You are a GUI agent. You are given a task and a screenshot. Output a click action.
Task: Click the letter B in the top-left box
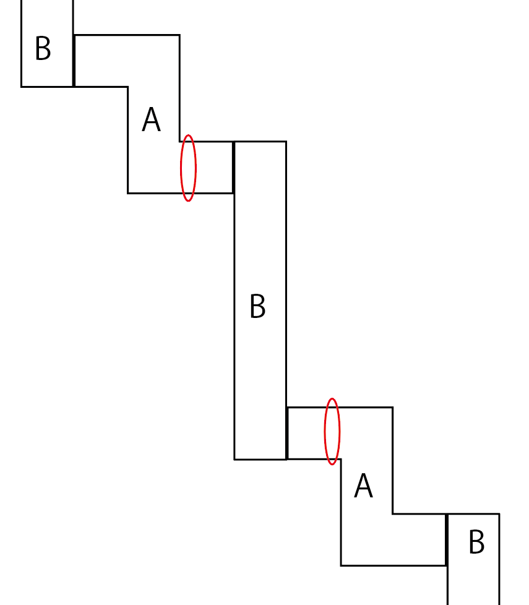click(43, 49)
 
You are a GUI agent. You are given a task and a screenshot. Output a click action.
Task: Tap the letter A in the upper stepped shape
click(151, 120)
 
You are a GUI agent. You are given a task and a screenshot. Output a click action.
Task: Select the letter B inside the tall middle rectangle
click(257, 306)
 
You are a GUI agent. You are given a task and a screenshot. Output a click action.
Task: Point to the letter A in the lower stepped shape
click(363, 486)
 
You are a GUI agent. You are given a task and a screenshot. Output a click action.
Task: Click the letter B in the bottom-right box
click(476, 543)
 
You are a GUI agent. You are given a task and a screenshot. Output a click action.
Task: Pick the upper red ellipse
click(188, 168)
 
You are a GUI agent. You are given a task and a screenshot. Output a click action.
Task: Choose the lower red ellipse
click(332, 431)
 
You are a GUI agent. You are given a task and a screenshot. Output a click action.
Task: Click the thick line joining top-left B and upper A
click(74, 61)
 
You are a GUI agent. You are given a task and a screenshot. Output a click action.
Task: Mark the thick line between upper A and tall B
click(233, 167)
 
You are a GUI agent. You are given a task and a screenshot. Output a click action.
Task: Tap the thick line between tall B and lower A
click(287, 433)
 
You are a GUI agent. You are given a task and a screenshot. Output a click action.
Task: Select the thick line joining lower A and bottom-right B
click(447, 539)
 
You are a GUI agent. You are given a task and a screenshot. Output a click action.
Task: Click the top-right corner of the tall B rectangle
click(286, 142)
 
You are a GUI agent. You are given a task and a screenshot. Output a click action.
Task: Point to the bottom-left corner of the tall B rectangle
click(234, 459)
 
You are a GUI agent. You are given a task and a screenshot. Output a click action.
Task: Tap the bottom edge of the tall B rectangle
click(260, 459)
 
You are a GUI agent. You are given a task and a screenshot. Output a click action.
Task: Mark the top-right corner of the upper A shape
click(179, 35)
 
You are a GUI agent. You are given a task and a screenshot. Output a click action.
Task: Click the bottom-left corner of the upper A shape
click(128, 193)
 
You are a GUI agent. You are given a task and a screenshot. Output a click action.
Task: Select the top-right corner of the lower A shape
click(392, 408)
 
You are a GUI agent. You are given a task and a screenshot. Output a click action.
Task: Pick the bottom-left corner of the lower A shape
click(341, 565)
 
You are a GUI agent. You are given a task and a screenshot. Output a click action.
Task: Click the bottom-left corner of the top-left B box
click(22, 86)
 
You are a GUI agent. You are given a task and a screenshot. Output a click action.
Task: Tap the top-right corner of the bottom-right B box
click(499, 514)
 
